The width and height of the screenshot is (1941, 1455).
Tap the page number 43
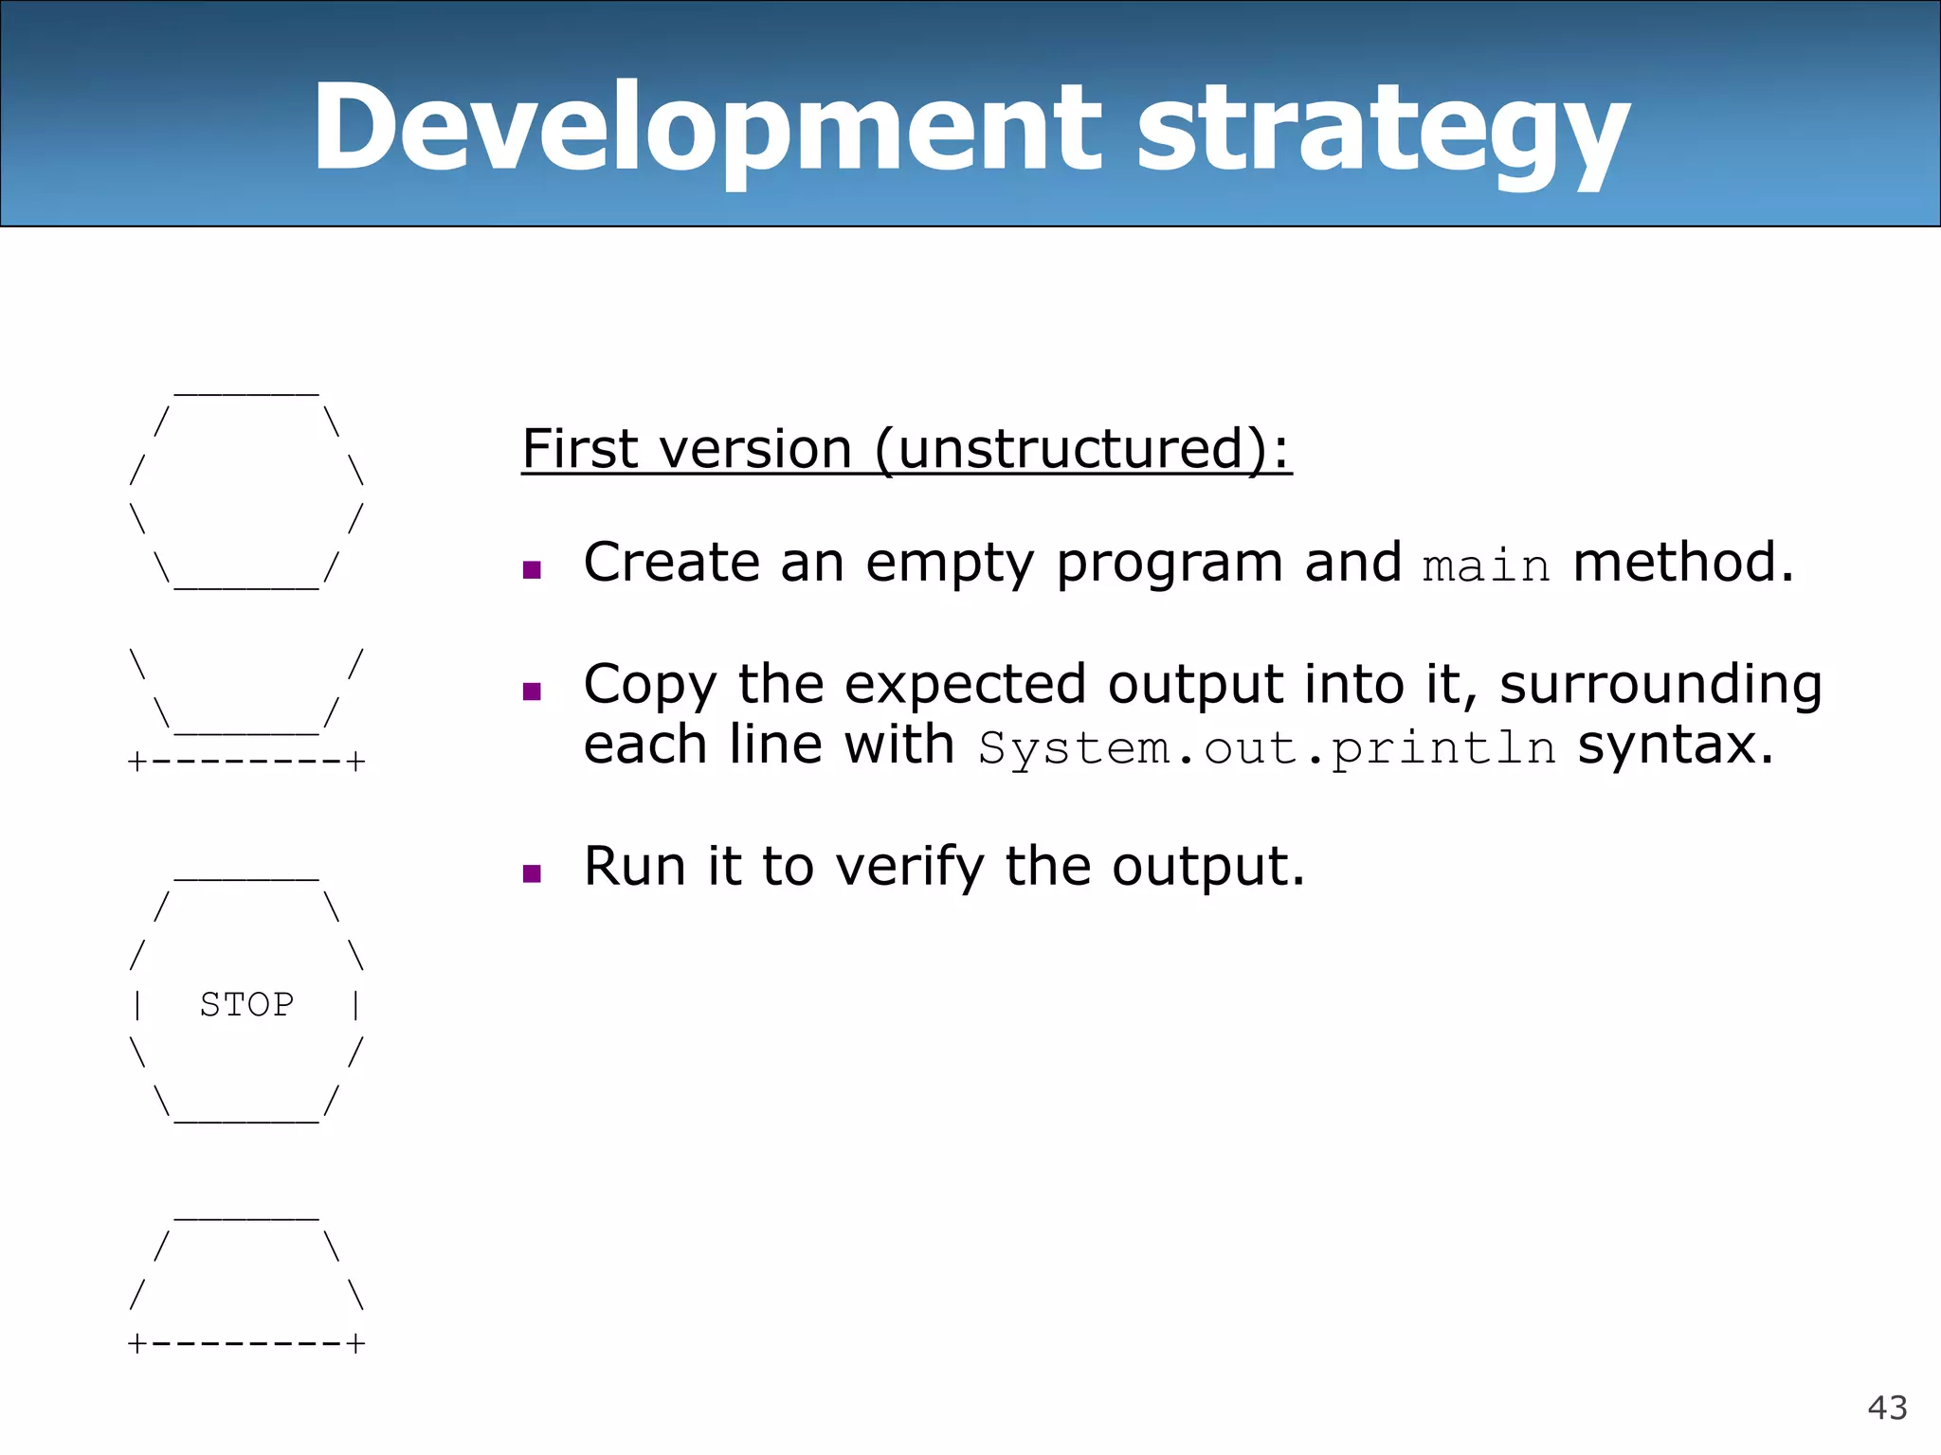(x=1886, y=1408)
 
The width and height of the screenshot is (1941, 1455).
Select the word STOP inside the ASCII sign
(x=246, y=1004)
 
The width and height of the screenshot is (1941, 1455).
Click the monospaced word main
(x=1486, y=566)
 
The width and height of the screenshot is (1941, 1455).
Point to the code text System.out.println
(x=1266, y=748)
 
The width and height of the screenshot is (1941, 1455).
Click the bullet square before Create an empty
(x=532, y=569)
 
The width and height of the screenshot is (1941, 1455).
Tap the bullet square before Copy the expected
(x=532, y=692)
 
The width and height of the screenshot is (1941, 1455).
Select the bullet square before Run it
(x=532, y=873)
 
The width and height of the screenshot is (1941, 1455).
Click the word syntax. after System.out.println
(x=1675, y=745)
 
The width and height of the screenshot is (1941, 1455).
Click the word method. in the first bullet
(x=1683, y=563)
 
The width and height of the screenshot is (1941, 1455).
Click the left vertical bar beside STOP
(x=138, y=1004)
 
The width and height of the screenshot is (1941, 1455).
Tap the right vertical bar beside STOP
(x=355, y=1004)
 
